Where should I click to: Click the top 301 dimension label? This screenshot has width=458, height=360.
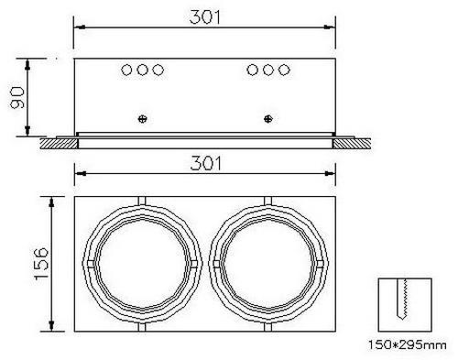tap(204, 17)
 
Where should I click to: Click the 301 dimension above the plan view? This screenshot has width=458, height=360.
tap(205, 163)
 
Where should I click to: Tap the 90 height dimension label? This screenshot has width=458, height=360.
tap(17, 97)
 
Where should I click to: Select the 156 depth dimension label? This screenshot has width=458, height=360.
tap(41, 264)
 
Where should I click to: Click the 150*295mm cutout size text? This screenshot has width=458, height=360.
tap(407, 345)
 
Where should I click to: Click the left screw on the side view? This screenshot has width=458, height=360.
tap(142, 118)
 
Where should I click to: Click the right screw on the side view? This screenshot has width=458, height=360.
tap(268, 118)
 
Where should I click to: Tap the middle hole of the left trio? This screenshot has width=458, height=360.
tap(142, 70)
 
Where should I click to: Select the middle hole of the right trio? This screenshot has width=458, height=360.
tap(268, 70)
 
